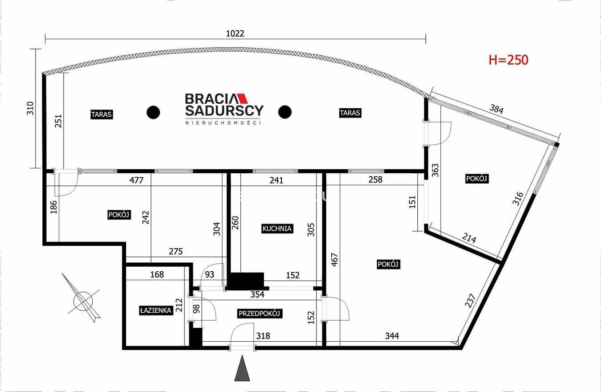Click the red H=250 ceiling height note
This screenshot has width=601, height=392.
(508, 60)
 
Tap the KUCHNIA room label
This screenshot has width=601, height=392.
(277, 229)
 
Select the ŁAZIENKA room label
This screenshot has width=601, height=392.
(156, 310)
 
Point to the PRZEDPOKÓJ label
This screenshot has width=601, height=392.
(259, 313)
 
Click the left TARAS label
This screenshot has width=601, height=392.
(101, 114)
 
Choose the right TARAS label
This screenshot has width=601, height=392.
(350, 113)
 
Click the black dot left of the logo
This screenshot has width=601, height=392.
(153, 112)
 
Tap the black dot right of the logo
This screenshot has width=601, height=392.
(284, 112)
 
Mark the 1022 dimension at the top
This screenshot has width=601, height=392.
(235, 33)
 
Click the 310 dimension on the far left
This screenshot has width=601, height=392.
(30, 108)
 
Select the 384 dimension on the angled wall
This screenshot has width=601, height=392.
(496, 109)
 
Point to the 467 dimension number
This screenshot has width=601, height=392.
(334, 260)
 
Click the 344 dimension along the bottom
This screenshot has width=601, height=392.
(392, 336)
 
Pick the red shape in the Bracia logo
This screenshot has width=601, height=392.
(242, 98)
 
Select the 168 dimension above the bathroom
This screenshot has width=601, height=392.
(157, 274)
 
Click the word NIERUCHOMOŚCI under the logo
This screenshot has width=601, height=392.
(223, 123)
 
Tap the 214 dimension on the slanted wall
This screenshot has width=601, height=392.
(469, 238)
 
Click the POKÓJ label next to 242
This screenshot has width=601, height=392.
(119, 215)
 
